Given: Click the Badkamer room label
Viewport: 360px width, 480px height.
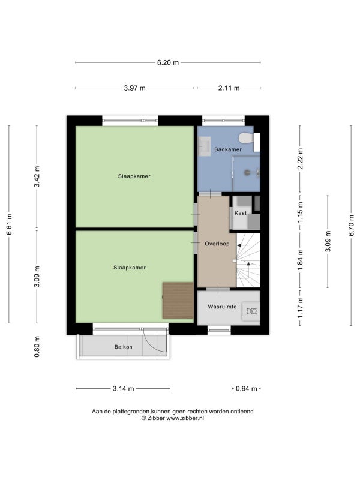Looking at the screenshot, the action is (228, 149).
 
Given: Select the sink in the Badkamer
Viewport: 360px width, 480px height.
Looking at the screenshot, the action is (204, 146).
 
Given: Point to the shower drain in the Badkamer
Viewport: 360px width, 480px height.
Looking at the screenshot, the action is (247, 173).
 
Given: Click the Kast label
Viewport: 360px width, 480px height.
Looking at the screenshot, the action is (241, 213).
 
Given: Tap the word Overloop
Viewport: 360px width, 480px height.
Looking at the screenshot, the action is (217, 244).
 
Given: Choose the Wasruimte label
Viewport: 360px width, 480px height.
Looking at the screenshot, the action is (222, 307).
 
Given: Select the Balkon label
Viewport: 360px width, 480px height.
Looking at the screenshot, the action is (124, 347).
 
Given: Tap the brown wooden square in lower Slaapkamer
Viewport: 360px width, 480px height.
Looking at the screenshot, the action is (178, 301).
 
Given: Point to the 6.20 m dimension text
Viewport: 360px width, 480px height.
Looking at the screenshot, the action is (168, 63).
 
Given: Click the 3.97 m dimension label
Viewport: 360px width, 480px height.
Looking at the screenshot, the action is (134, 88).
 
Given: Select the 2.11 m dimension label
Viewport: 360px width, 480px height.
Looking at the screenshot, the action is (229, 88).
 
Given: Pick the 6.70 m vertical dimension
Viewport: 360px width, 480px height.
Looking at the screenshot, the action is (351, 226).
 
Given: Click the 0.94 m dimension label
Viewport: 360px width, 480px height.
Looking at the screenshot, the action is (247, 389).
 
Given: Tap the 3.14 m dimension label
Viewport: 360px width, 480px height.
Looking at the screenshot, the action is (124, 389).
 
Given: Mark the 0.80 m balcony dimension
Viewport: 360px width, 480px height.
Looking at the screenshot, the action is (37, 347).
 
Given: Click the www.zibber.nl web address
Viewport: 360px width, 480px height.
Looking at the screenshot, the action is (185, 418).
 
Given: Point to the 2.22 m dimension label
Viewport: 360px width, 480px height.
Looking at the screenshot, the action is (301, 158).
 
